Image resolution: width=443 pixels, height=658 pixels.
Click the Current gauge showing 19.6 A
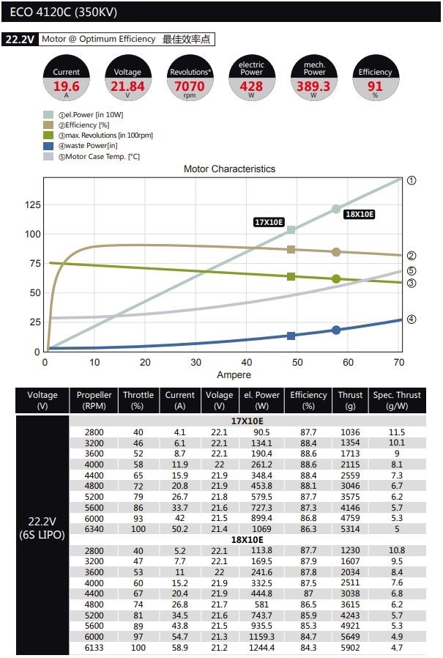tap(67, 78)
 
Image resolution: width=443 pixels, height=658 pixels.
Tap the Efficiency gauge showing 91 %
tap(375, 78)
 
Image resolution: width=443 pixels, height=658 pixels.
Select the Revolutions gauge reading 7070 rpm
tap(190, 78)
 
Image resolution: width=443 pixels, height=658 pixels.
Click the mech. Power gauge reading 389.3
tap(313, 78)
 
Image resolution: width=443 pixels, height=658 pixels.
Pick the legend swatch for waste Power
tap(48, 146)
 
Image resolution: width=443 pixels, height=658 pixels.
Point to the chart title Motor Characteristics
tap(229, 169)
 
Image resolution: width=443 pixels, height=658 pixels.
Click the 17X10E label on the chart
tap(269, 222)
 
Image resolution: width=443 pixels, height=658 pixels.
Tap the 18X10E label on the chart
tap(359, 214)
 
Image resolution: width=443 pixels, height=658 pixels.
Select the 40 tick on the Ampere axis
tap(246, 363)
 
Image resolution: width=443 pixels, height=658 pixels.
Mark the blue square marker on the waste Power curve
tap(291, 336)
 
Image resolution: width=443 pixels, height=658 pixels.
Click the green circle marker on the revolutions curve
tap(336, 279)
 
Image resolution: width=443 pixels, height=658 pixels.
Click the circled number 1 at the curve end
tap(412, 180)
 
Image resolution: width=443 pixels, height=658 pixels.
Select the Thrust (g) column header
tap(350, 400)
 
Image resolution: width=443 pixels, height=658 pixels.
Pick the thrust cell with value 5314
tap(350, 528)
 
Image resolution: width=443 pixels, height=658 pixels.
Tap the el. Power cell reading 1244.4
tap(261, 648)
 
